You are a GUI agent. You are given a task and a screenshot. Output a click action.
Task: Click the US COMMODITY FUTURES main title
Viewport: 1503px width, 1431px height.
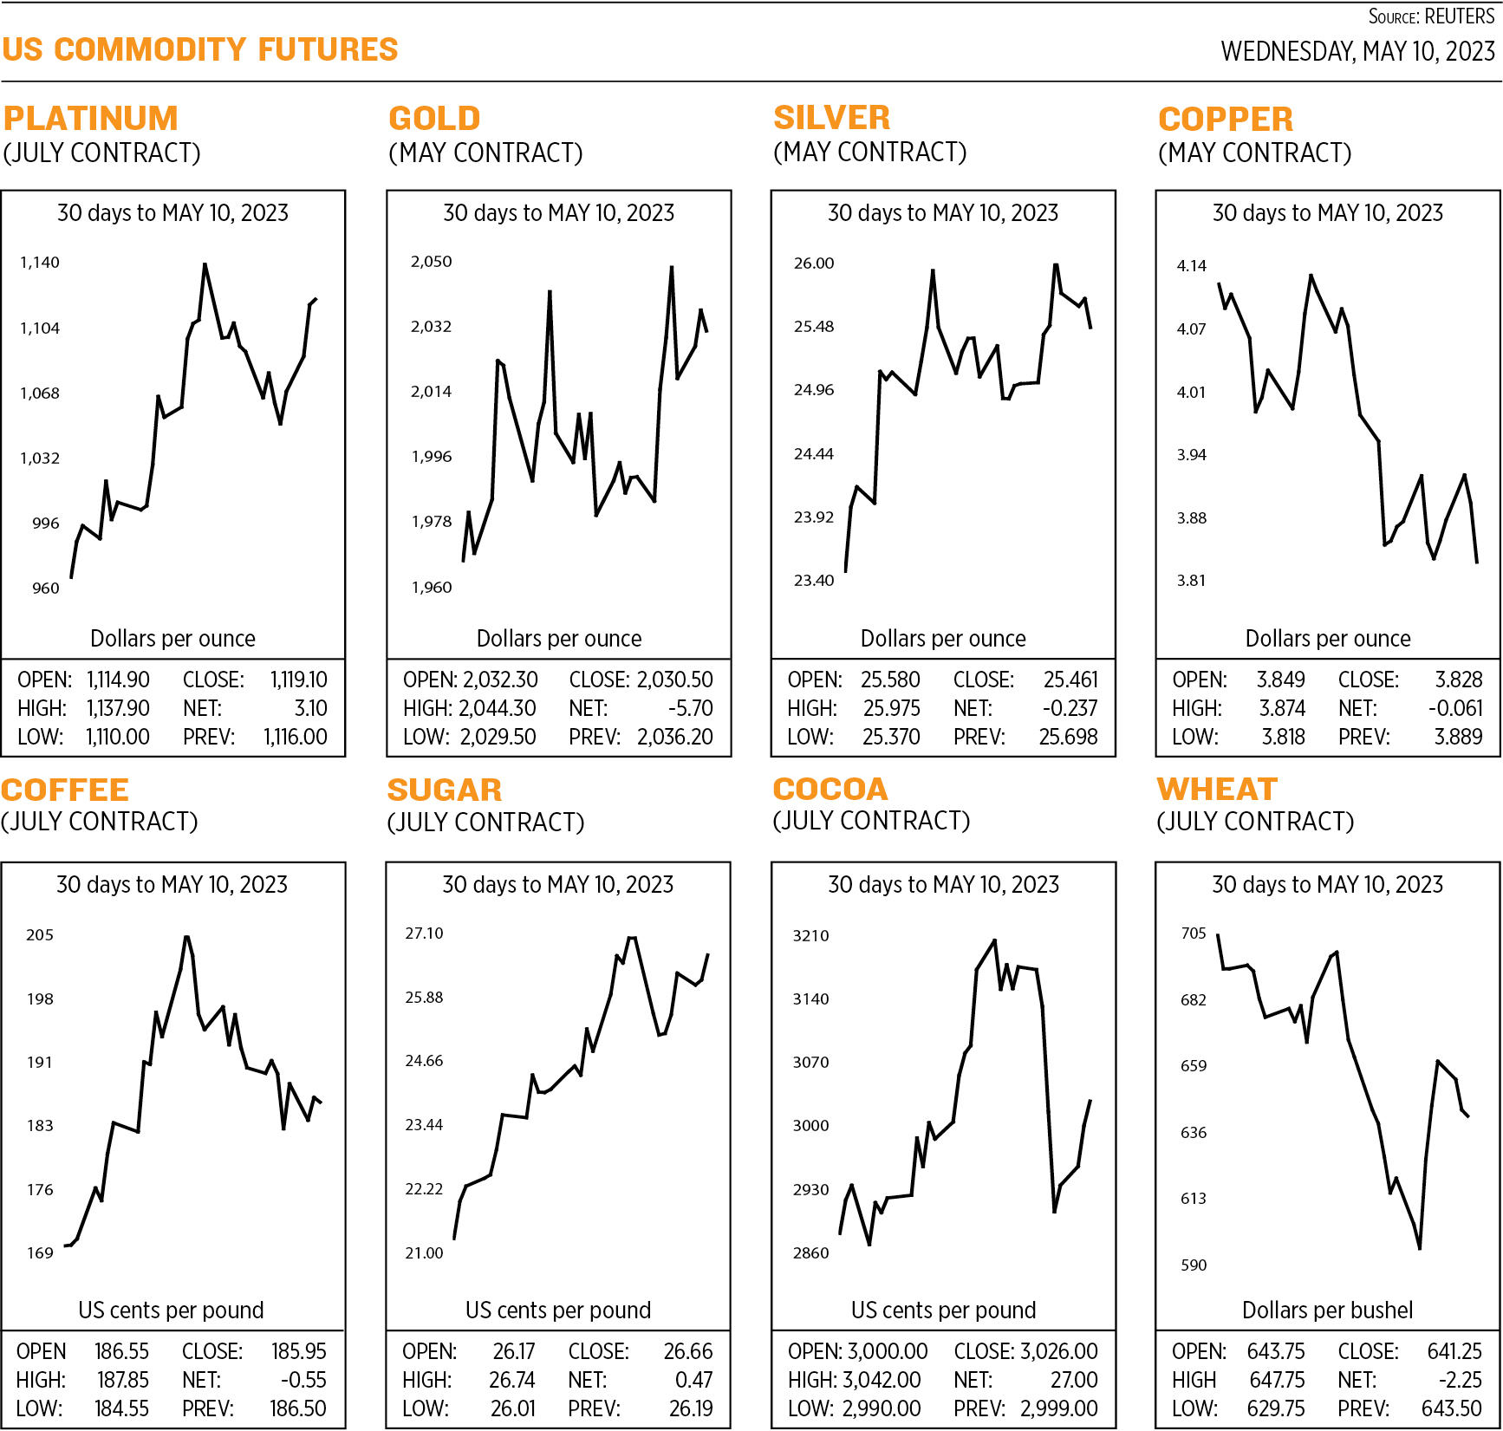tap(199, 49)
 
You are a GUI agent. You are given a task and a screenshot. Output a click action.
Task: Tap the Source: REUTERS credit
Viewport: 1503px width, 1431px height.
tap(1430, 16)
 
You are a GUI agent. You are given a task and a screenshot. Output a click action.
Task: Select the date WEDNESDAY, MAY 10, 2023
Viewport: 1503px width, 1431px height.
tap(1357, 51)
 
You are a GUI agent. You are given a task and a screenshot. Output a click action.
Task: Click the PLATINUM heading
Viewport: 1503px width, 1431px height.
tap(91, 118)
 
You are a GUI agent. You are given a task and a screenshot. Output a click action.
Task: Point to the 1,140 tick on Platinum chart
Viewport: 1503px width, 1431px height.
tap(40, 262)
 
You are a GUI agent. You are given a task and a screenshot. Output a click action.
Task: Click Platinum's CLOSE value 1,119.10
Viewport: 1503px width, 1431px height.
tap(298, 680)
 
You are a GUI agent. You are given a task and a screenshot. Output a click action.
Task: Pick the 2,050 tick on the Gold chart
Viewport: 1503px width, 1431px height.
tap(431, 261)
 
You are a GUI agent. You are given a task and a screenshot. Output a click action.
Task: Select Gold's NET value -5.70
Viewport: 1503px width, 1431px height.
tap(690, 708)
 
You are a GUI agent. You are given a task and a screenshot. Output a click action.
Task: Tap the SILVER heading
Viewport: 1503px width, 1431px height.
tap(831, 117)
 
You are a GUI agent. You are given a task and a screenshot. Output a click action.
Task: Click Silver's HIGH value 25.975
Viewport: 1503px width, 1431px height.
tap(891, 708)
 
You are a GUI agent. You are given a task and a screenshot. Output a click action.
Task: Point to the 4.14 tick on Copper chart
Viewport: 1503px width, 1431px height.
tap(1191, 265)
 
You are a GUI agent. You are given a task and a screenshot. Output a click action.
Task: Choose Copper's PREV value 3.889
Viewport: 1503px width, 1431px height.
tap(1458, 737)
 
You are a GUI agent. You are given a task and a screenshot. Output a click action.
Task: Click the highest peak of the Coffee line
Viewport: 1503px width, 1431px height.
tap(186, 937)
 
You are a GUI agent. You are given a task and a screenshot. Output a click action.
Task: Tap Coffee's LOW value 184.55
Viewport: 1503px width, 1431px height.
tap(121, 1408)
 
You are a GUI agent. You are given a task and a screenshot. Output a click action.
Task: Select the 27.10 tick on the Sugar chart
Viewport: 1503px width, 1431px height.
tap(424, 933)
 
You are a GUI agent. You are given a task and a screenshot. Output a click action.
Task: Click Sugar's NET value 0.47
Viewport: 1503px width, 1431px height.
tap(693, 1380)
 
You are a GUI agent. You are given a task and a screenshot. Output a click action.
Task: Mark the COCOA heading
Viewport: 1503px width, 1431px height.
tap(830, 789)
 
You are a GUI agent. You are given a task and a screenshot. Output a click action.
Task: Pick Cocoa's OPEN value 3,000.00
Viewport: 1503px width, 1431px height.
tap(887, 1351)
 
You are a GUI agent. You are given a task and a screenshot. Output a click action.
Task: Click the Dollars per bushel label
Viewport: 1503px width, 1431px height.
tap(1327, 1310)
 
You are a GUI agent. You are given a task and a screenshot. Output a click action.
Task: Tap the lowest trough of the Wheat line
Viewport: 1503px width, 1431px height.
tap(1420, 1248)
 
